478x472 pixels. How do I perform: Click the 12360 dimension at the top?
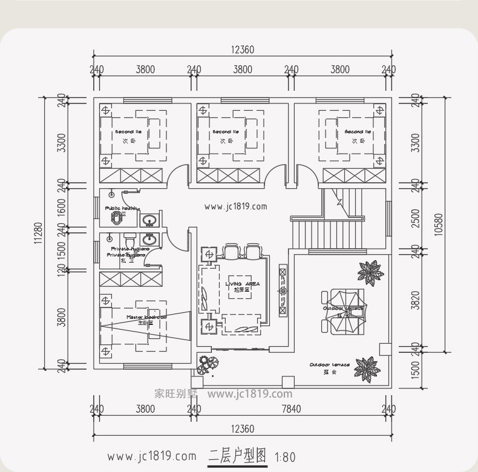coord(242,50)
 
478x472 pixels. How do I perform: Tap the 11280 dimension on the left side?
coord(38,233)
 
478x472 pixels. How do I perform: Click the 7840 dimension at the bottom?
coord(291,409)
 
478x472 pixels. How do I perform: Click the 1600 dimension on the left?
coord(61,205)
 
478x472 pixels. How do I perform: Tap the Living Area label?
coord(242,286)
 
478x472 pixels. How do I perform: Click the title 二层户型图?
coord(237,456)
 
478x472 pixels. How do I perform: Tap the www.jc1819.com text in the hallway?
coord(235,206)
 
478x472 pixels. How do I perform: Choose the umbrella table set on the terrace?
coord(343,310)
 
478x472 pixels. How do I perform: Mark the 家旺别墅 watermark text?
coord(172,393)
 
